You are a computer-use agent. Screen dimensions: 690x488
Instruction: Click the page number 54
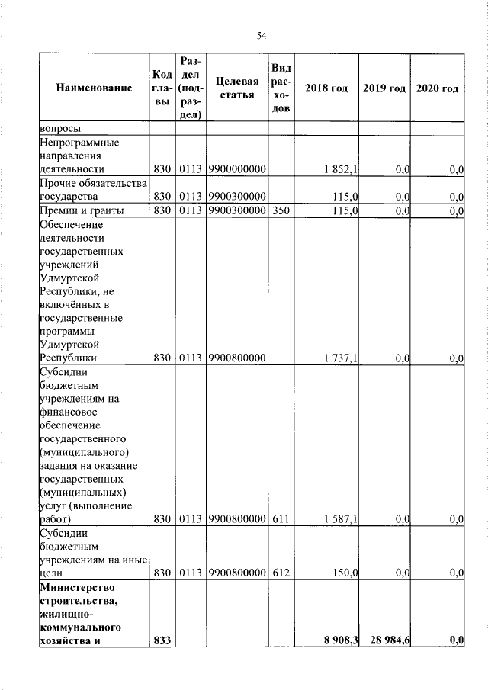261,36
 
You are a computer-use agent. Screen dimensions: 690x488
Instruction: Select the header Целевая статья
234,88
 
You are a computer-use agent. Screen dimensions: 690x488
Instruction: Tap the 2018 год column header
326,88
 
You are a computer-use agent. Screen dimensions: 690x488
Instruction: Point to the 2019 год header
384,88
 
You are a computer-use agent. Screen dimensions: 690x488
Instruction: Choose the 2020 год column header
437,88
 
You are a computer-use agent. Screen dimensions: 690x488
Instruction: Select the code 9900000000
236,168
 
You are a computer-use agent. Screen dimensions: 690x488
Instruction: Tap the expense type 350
281,210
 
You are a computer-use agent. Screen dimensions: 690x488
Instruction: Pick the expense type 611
281,518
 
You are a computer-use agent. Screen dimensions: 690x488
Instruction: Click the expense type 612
281,572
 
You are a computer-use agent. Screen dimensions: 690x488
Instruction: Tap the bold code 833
161,640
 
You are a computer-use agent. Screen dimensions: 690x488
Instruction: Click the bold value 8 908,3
342,640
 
